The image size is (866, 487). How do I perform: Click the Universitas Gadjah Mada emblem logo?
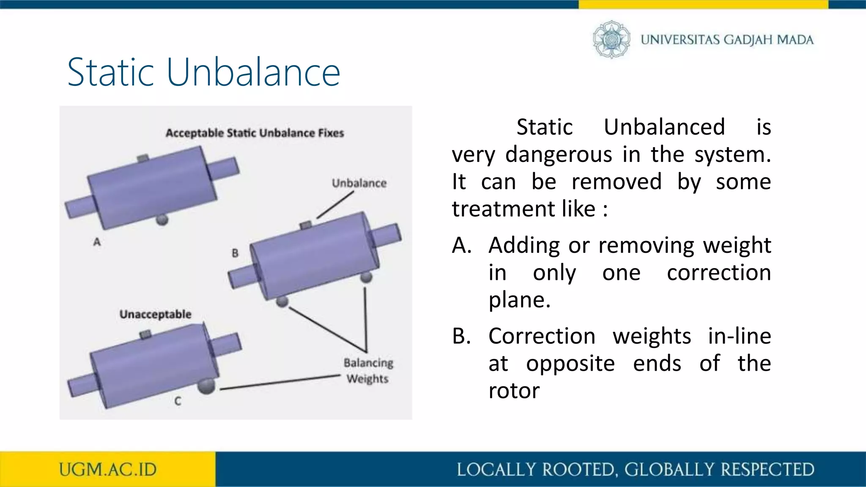coord(611,39)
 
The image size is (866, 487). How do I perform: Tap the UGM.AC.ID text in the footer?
coord(107,470)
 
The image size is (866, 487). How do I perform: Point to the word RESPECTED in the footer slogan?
coord(767,470)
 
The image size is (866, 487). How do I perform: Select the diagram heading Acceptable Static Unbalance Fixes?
coord(255,133)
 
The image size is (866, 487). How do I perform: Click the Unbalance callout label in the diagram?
coord(359,183)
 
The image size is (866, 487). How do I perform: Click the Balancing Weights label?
coord(368,371)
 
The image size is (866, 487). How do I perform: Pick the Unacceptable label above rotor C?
coord(155,314)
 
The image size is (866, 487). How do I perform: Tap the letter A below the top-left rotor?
coord(97,242)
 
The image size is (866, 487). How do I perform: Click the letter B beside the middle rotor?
coord(235,253)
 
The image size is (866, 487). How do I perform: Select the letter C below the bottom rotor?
coord(178,401)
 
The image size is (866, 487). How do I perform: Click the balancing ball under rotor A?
coord(162,220)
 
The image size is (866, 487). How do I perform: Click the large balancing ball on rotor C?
coord(206,386)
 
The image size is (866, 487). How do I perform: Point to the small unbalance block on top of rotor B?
coord(305,225)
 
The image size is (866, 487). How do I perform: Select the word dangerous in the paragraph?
coord(559,154)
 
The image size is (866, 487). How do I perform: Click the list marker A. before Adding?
coord(461,246)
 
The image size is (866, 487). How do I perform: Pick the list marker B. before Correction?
coord(461,337)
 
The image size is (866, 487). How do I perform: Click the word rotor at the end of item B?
coord(514,391)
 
